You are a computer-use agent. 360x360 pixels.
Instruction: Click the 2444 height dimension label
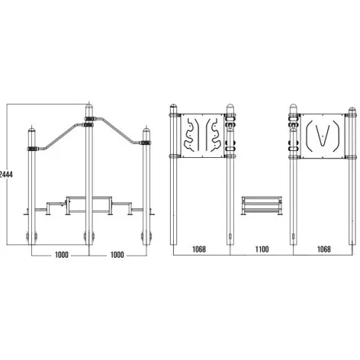point(6,175)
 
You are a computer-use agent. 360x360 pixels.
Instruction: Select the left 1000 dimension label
point(62,255)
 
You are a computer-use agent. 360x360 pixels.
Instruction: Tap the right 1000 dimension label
point(117,255)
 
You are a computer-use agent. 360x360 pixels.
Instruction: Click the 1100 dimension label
point(262,249)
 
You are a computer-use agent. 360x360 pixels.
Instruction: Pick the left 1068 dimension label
point(199,249)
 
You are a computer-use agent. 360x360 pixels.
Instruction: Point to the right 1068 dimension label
point(324,249)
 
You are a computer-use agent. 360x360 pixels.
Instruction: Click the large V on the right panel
point(323,136)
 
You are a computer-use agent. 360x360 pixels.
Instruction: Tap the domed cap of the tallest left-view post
point(89,108)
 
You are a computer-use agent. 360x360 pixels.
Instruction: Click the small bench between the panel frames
point(262,205)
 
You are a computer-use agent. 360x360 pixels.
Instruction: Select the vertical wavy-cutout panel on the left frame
point(203,136)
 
